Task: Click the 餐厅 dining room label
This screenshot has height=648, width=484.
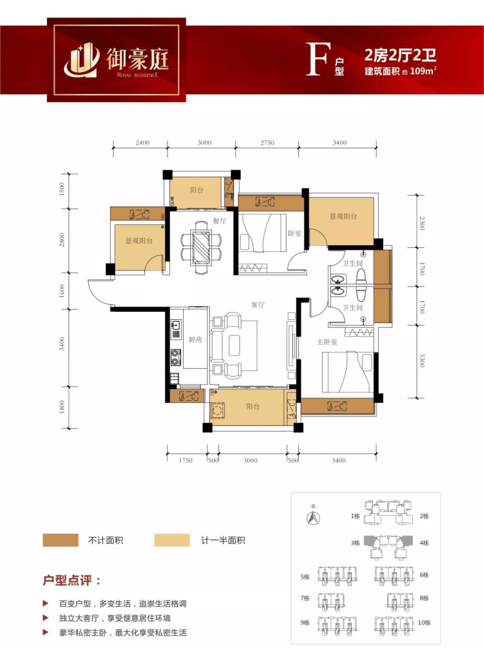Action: coord(220,220)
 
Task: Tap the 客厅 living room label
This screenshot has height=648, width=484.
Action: coord(258,305)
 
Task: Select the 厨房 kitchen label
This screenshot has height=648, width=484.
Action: coord(195,339)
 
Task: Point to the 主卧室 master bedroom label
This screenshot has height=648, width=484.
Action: coord(326,342)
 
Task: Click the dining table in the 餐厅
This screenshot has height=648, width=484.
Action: coord(201,248)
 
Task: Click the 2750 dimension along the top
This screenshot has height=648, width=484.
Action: coord(268,143)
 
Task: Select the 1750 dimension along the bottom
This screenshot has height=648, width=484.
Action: coord(186,460)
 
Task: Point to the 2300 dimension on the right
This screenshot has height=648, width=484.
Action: coord(422,223)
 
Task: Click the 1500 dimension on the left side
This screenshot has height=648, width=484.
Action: coord(62,189)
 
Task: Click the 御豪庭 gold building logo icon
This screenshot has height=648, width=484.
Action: coord(81,61)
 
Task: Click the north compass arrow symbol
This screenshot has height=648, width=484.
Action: coord(313,517)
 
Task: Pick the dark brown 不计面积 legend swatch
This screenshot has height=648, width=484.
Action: coord(60,540)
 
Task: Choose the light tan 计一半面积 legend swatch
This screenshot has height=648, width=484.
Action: coord(172,540)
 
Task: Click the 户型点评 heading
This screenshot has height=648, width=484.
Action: coord(72,580)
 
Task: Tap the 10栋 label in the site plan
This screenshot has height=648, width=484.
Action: coord(424,622)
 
